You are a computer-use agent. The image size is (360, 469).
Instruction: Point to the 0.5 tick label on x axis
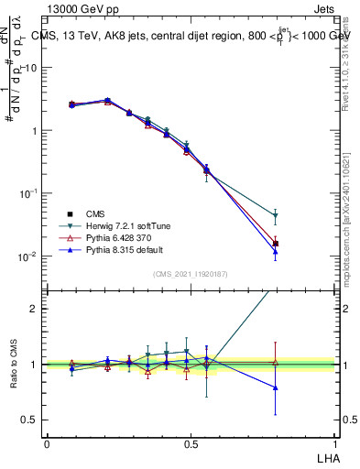[191, 442]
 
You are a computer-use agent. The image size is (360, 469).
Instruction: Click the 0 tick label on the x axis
[47, 442]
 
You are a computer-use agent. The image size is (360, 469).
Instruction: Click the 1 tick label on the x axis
[335, 442]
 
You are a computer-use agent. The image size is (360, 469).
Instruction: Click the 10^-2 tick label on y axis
[27, 256]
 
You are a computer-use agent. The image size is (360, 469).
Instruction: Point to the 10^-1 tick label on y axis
[27, 193]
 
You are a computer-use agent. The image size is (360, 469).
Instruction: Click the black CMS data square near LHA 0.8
[276, 244]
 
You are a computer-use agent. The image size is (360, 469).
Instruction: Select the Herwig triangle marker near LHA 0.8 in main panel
[276, 217]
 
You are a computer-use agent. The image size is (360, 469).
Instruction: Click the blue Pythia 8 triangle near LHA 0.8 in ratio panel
[276, 387]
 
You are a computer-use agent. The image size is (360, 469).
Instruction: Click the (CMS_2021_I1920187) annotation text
[191, 274]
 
